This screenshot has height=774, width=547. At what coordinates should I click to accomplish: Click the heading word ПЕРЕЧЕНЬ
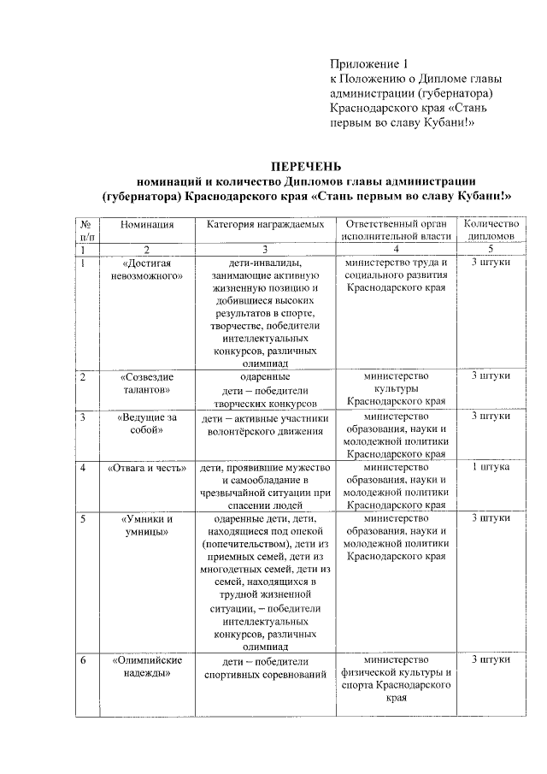tap(306, 165)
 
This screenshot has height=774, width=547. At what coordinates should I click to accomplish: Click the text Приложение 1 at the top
tap(371, 65)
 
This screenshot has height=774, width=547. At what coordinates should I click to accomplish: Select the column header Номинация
tap(147, 224)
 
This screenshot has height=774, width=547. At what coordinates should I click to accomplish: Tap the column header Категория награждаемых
tap(265, 224)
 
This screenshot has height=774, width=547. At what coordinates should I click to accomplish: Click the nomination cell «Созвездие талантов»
tap(147, 383)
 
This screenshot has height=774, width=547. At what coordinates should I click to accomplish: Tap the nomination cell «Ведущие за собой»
tap(147, 423)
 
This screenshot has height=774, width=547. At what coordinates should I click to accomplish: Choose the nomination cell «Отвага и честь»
tap(147, 469)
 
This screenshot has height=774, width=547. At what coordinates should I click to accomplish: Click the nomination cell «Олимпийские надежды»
tap(147, 666)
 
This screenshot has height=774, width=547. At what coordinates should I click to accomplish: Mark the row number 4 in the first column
tap(82, 469)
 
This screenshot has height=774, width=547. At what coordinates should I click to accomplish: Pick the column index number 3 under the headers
tap(265, 249)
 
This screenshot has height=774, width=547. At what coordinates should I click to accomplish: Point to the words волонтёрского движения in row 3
tap(265, 431)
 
